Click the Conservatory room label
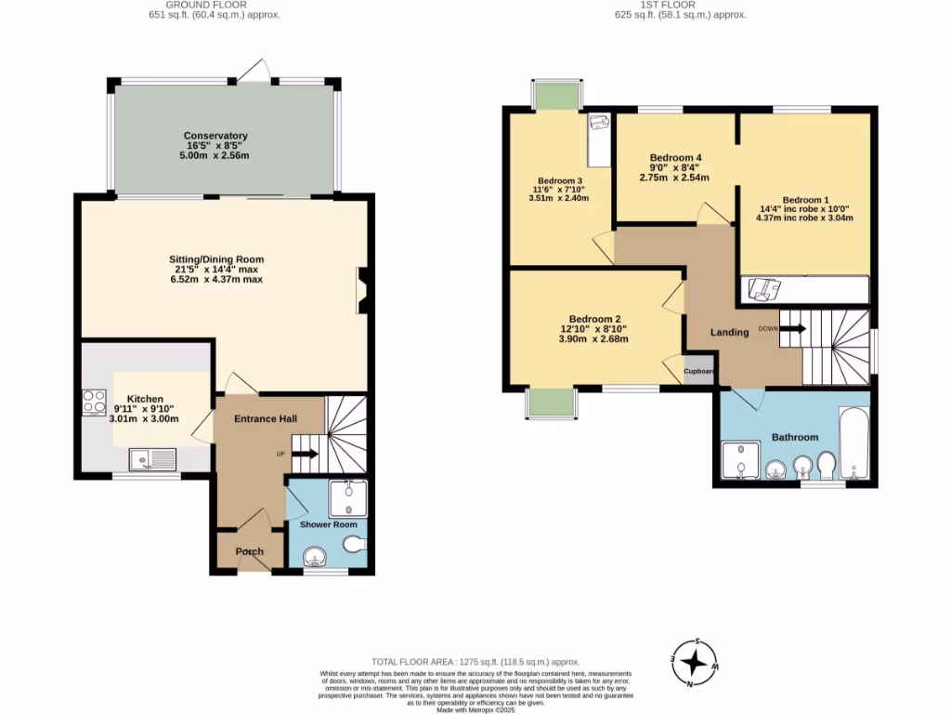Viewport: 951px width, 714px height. coord(215,136)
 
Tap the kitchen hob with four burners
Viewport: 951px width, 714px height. coord(94,401)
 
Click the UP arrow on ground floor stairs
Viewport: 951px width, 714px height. coord(306,454)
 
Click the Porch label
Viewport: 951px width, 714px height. coord(249,551)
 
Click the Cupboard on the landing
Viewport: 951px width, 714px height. coord(699,370)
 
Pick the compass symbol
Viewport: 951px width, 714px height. coord(693,662)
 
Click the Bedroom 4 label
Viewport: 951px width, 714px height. coord(676,157)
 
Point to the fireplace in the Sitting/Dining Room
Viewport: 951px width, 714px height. coord(361,290)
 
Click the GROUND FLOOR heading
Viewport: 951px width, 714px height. coord(215,5)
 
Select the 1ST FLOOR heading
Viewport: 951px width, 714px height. coord(681,5)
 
